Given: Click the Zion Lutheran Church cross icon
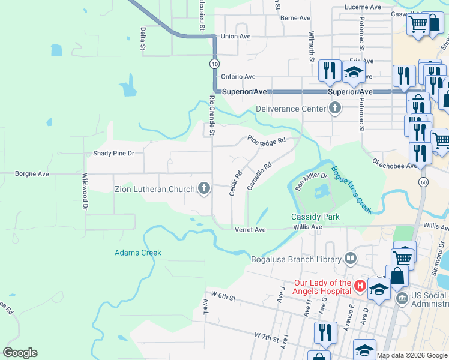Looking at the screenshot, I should (x=204, y=189).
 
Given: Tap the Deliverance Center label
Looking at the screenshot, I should (x=290, y=109).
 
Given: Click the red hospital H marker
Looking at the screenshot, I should (x=360, y=286).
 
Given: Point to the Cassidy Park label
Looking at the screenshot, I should (x=315, y=217).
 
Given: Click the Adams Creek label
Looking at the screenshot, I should (x=138, y=253).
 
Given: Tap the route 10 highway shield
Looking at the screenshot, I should (x=214, y=63).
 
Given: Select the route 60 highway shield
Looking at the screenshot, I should (x=424, y=182).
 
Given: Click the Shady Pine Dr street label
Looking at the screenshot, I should (x=113, y=154).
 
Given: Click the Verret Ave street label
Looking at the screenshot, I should (x=250, y=230).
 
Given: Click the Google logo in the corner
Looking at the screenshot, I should (x=20, y=353).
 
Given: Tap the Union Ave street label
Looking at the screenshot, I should (x=235, y=37).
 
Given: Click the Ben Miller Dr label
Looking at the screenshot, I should (x=310, y=181).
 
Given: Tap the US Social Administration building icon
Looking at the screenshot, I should (x=400, y=296).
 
